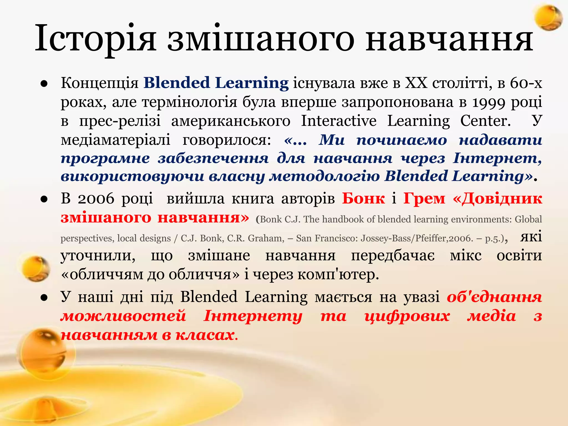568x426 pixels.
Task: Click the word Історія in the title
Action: point(96,38)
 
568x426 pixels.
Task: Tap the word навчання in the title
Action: point(449,38)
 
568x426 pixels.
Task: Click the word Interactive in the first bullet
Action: point(339,121)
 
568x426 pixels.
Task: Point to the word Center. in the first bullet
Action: point(485,121)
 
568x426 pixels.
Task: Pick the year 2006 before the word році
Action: point(96,199)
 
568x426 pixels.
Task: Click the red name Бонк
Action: point(363,199)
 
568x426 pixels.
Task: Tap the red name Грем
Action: point(424,199)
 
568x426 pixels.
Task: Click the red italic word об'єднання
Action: point(495,297)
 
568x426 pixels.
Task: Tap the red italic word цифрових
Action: point(407,316)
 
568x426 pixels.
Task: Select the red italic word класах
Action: point(205,335)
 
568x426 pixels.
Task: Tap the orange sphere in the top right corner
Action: point(548,17)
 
